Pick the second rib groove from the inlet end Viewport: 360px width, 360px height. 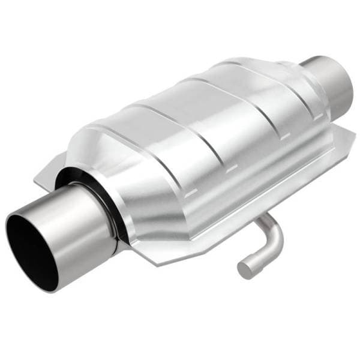(198, 129)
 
